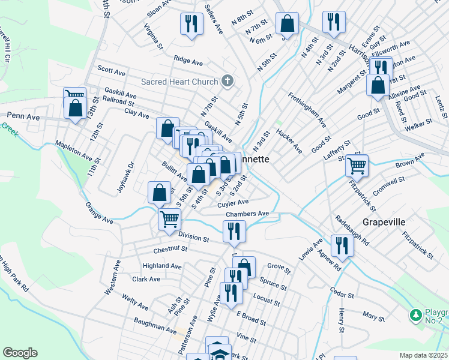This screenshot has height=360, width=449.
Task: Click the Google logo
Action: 20,353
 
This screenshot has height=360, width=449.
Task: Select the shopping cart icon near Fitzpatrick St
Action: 358,165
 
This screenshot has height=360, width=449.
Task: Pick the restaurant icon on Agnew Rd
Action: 342,245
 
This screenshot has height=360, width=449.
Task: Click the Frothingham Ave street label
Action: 307,110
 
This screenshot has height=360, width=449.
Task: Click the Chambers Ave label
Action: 247,214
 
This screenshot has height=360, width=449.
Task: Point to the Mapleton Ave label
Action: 74,152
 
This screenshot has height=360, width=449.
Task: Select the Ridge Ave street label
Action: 188,60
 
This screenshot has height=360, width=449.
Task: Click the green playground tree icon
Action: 415,314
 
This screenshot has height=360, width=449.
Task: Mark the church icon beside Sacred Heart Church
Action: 227,80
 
